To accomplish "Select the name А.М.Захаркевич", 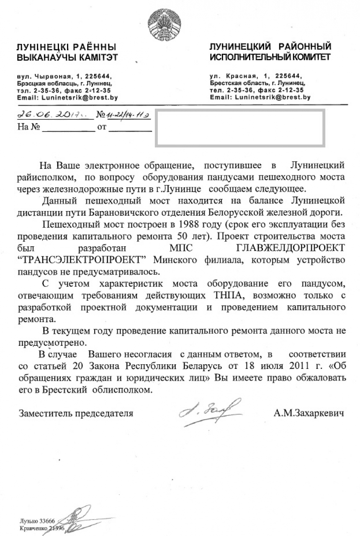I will [309, 414].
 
